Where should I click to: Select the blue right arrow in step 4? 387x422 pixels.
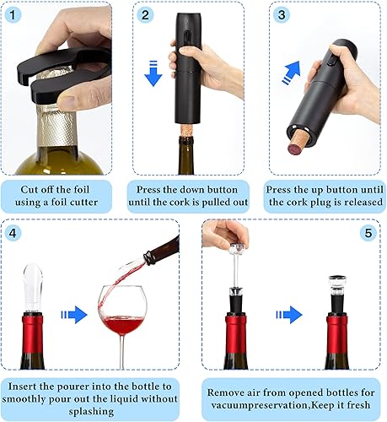click(76, 314)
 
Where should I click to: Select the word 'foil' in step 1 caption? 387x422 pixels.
click(83, 188)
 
